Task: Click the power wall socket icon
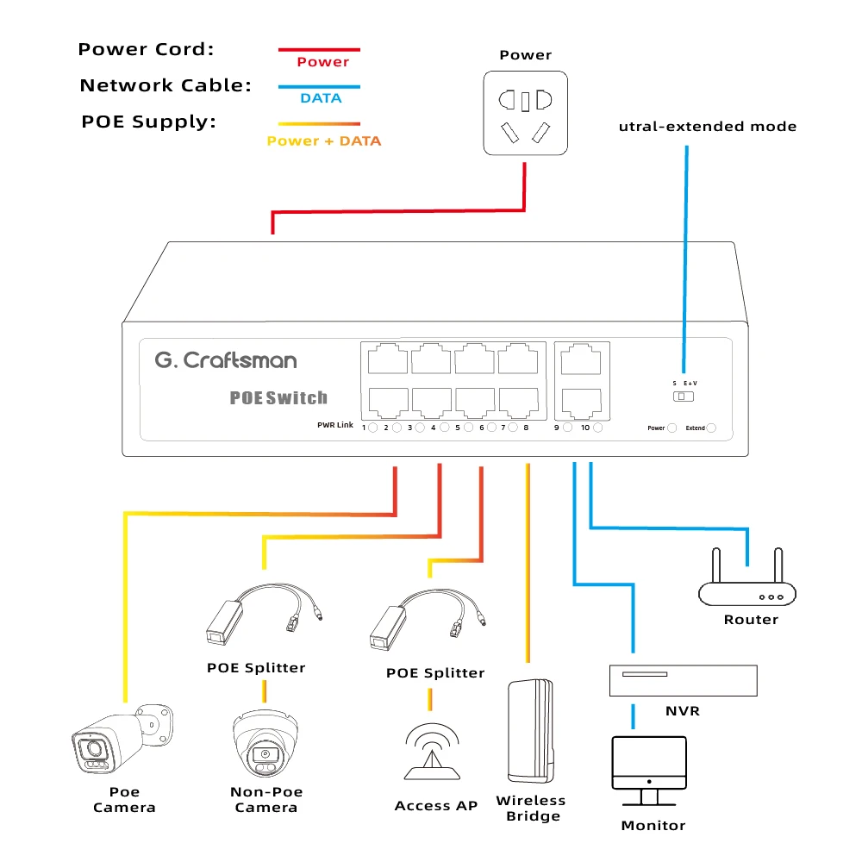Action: pos(525,113)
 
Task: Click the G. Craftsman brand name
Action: pos(226,360)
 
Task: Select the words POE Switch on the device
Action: pos(278,398)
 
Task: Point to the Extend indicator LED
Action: pos(711,428)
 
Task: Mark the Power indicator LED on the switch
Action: pos(672,428)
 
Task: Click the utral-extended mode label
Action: pos(708,127)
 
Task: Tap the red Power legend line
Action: pos(319,50)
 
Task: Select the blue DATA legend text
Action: pos(321,98)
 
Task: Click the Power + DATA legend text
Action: pos(323,141)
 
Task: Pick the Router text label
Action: pos(751,620)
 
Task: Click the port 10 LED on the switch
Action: pos(597,428)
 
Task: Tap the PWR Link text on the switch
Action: pos(335,426)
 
